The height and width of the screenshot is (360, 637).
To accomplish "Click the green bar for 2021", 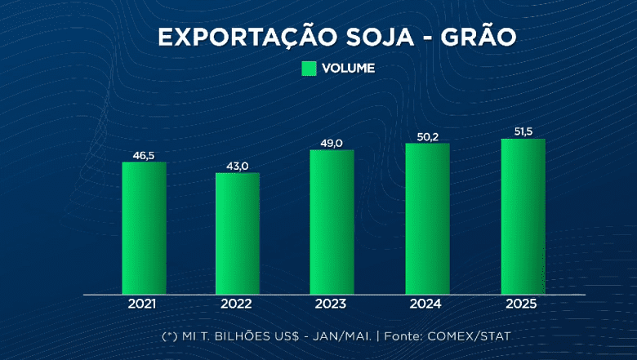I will (144, 228).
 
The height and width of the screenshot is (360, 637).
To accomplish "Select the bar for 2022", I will (238, 233).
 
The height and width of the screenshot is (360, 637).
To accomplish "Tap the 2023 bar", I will (332, 222).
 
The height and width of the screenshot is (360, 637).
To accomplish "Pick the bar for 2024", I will (427, 219).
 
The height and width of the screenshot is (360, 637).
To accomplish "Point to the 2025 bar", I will (523, 216).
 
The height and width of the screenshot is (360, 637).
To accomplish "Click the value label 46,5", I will (144, 153).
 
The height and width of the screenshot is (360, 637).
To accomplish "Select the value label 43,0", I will (238, 166).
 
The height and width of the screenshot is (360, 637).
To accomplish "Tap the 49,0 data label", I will (332, 143).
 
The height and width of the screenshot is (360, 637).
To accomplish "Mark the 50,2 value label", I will (427, 136).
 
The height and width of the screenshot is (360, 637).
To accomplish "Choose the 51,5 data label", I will (523, 131).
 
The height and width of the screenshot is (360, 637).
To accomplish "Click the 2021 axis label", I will (144, 304).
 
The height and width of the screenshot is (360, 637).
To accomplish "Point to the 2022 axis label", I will (238, 304).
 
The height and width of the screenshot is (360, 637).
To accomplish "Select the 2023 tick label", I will (332, 304).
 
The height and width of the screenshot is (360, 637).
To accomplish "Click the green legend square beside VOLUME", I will (309, 69).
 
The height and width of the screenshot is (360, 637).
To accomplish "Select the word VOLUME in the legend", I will (348, 69).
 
